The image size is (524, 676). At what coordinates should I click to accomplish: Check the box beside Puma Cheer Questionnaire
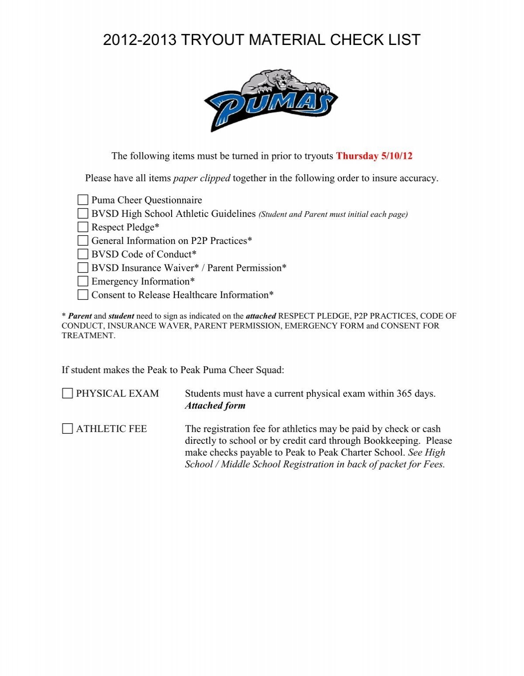tap(83, 200)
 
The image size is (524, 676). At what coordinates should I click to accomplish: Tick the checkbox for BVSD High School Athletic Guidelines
tap(83, 214)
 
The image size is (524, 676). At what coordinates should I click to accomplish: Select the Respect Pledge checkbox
tap(83, 227)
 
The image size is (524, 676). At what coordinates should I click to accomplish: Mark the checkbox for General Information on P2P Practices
tap(83, 241)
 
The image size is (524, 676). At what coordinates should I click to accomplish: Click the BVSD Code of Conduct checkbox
tap(83, 254)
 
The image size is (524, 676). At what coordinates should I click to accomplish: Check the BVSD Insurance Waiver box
tap(83, 268)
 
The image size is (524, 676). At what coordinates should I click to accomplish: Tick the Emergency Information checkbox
tap(83, 281)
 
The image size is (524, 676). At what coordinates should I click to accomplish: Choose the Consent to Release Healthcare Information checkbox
tap(83, 295)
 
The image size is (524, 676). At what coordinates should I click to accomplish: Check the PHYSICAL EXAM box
tap(67, 394)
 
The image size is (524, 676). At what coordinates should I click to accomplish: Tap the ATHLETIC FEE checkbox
tap(67, 429)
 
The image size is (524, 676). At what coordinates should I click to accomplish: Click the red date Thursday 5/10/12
tap(374, 156)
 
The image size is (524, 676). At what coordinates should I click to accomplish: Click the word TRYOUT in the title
tap(212, 40)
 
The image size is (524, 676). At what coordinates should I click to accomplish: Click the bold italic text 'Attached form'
tap(215, 406)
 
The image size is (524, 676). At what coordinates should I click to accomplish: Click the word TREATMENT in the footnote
tap(88, 336)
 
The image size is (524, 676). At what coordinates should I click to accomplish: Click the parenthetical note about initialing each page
tap(333, 214)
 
